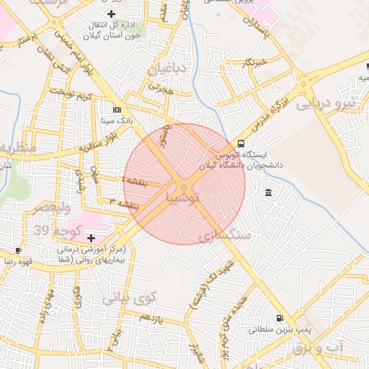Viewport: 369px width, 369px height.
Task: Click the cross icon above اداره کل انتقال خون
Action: pyautogui.click(x=110, y=14)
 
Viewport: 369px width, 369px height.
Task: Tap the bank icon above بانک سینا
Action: pyautogui.click(x=117, y=109)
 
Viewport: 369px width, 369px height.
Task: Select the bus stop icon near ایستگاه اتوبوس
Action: pyautogui.click(x=241, y=143)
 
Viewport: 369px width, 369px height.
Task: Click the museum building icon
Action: pyautogui.click(x=268, y=192)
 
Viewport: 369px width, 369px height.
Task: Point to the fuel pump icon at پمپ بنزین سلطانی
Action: pyautogui.click(x=278, y=318)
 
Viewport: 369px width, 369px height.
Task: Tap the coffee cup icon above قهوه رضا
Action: pyautogui.click(x=18, y=250)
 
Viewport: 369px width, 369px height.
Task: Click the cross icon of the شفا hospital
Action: pyautogui.click(x=90, y=238)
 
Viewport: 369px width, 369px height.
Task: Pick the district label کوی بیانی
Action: pyautogui.click(x=128, y=297)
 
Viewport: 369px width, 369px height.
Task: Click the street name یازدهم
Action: pyautogui.click(x=152, y=318)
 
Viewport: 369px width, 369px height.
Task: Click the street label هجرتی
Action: pyautogui.click(x=162, y=89)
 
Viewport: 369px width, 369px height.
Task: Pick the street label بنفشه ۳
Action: pyautogui.click(x=123, y=204)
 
